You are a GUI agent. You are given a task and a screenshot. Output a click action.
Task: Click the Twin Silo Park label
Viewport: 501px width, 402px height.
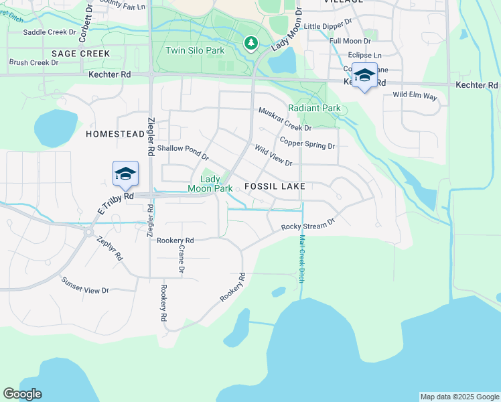pyautogui.click(x=195, y=50)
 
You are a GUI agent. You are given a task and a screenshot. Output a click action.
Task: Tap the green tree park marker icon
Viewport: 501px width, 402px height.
pyautogui.click(x=251, y=44)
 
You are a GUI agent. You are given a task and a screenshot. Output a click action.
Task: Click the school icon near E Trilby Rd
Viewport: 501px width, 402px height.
pyautogui.click(x=125, y=175)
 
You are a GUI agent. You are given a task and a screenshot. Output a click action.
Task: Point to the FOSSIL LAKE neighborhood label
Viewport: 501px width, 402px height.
pyautogui.click(x=275, y=186)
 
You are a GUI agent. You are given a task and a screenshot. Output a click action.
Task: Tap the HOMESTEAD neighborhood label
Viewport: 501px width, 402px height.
pyautogui.click(x=116, y=134)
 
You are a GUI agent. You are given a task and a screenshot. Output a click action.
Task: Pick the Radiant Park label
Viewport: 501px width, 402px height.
pyautogui.click(x=314, y=108)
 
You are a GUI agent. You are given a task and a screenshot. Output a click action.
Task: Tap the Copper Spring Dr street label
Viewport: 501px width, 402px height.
pyautogui.click(x=307, y=143)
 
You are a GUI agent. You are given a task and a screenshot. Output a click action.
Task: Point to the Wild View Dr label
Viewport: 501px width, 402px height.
pyautogui.click(x=273, y=156)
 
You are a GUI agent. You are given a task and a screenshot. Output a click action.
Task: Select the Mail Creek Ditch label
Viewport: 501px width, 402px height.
pyautogui.click(x=302, y=258)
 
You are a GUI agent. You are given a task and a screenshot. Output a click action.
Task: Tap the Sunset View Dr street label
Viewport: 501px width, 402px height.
pyautogui.click(x=84, y=285)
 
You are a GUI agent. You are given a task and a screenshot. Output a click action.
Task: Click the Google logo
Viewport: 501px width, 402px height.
pyautogui.click(x=22, y=394)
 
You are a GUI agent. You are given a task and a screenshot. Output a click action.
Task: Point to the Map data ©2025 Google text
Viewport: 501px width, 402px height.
pyautogui.click(x=459, y=397)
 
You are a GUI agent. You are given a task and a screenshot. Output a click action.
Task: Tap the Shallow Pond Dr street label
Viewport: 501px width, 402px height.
pyautogui.click(x=182, y=151)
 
